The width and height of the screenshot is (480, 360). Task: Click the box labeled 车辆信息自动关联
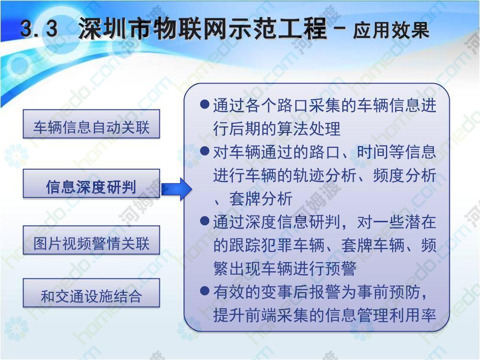[x=92, y=124]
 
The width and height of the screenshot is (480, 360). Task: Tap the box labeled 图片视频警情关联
[x=92, y=240]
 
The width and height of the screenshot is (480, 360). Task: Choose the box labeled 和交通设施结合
[x=92, y=293]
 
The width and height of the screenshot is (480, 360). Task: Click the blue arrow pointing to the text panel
[x=177, y=189]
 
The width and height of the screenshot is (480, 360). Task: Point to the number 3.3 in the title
[x=39, y=29]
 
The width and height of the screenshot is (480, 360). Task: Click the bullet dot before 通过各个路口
[x=204, y=104]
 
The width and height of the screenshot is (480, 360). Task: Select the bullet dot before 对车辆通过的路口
[x=204, y=151]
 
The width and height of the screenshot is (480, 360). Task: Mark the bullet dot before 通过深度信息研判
[x=204, y=221]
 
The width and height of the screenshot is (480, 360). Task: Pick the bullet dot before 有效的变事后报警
[x=204, y=291]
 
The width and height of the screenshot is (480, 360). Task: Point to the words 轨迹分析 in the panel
[x=325, y=175]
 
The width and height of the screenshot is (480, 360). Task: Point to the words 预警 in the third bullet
[x=341, y=268]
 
